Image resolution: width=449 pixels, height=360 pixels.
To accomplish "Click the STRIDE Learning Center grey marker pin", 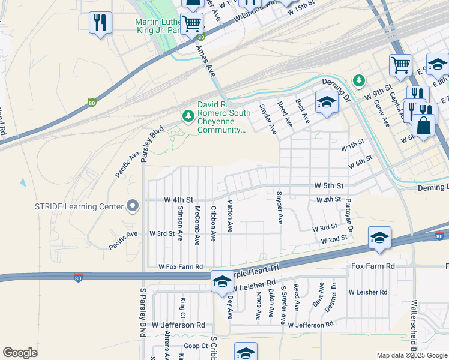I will coord(133,207).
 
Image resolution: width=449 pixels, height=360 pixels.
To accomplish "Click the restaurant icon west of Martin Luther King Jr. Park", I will coord(100,23).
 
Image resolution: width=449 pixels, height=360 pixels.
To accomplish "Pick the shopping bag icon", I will coord(423,125).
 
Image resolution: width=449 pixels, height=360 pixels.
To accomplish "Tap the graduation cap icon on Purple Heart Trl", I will coord(221,281).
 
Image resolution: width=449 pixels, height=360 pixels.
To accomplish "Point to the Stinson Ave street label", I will coord(180,223).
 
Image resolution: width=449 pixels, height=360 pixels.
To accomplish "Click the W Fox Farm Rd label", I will coord(181,266).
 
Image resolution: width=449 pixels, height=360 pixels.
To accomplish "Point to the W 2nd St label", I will coord(334,239).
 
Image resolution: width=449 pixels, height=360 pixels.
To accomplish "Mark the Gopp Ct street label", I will coord(196,346).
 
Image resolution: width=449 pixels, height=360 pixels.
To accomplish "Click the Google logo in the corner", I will coord(20,353).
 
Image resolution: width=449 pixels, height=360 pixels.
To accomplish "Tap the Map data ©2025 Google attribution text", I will coord(412,355).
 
